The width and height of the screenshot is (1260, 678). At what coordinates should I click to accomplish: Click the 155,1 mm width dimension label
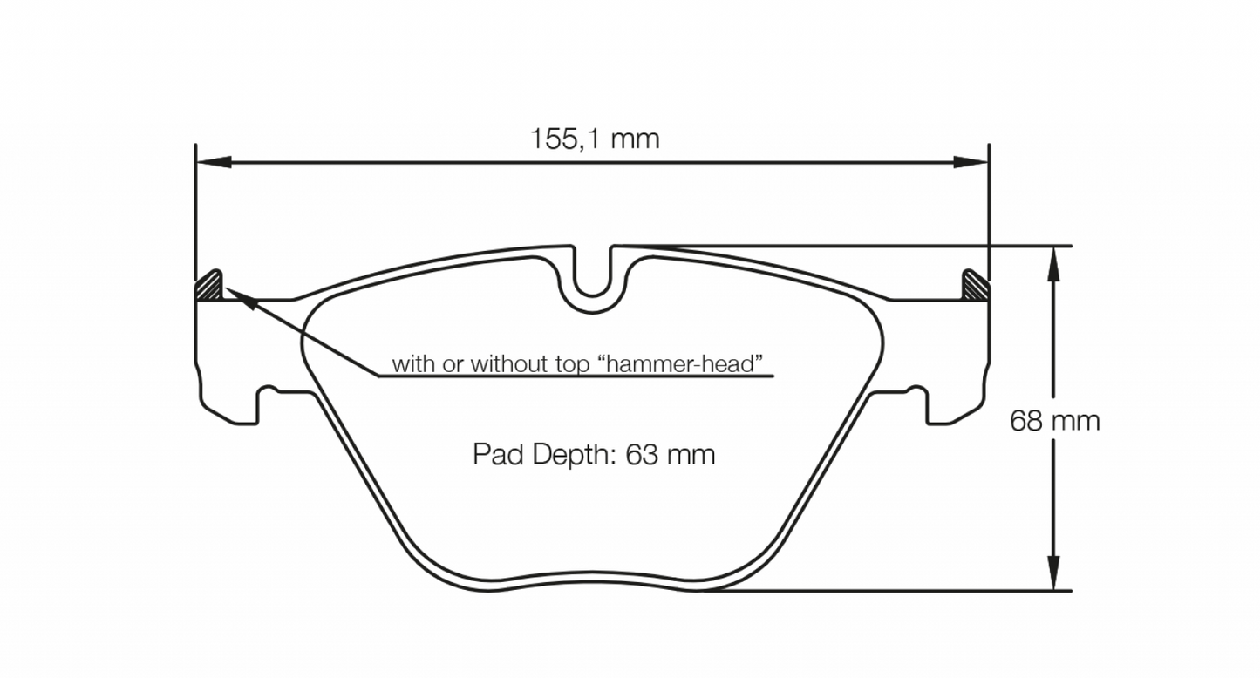pyautogui.click(x=595, y=139)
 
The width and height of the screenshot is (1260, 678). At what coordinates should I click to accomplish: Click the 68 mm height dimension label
pyautogui.click(x=1054, y=421)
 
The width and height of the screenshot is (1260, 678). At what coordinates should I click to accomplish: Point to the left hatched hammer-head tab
pyautogui.click(x=209, y=286)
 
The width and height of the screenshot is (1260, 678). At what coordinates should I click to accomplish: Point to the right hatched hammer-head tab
pyautogui.click(x=974, y=286)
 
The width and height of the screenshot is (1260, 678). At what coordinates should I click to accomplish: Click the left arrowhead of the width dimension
pyautogui.click(x=213, y=162)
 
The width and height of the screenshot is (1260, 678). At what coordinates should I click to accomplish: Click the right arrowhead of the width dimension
pyautogui.click(x=971, y=162)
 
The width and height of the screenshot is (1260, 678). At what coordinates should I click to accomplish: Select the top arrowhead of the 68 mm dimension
pyautogui.click(x=1054, y=261)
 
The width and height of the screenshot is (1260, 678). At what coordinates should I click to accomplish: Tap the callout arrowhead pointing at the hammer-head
pyautogui.click(x=243, y=301)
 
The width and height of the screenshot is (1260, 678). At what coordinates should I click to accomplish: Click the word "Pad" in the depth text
pyautogui.click(x=495, y=454)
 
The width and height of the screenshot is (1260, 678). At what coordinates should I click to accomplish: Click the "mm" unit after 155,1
pyautogui.click(x=635, y=139)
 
